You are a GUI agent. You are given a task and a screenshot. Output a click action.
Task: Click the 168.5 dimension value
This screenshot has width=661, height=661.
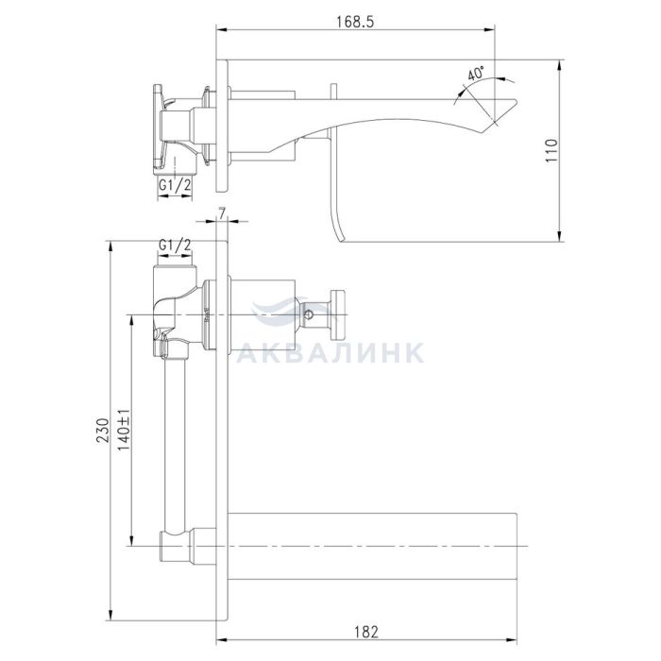click(355, 22)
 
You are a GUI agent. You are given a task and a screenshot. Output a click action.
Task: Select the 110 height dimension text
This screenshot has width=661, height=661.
click(551, 150)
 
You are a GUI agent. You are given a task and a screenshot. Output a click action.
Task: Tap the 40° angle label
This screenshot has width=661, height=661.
click(476, 74)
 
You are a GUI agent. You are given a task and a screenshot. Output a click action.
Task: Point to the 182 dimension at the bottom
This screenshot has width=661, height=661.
click(366, 633)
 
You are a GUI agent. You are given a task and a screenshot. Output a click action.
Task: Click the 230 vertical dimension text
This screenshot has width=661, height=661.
click(103, 431)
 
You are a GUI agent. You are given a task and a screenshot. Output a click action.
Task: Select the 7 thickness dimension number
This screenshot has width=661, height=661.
click(222, 212)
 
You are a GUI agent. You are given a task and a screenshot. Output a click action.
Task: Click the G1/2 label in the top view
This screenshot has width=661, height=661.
click(175, 184)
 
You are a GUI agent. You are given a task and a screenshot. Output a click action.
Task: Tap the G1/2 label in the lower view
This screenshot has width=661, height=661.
click(175, 244)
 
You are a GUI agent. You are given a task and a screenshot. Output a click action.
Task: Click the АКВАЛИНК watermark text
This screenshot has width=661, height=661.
click(330, 352)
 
